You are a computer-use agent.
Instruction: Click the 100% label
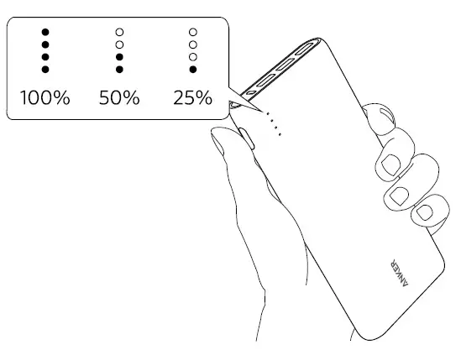(x=45, y=97)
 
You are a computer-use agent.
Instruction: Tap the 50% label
(x=119, y=97)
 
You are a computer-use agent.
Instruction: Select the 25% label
(x=192, y=97)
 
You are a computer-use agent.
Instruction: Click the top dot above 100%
(x=45, y=32)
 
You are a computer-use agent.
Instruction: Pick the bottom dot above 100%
(x=45, y=70)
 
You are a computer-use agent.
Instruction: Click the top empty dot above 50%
(x=119, y=32)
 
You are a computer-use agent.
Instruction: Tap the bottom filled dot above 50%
(x=119, y=70)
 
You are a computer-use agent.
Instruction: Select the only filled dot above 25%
(x=193, y=70)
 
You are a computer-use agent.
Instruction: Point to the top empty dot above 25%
(x=193, y=32)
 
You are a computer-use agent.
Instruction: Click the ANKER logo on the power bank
(x=399, y=273)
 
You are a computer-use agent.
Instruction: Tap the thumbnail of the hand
(x=217, y=144)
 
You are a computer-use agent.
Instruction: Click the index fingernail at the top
(x=386, y=115)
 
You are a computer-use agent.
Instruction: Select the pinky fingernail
(x=423, y=212)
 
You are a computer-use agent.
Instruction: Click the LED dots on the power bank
(x=274, y=123)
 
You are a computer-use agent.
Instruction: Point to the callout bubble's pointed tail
(x=262, y=111)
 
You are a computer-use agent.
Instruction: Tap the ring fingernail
(x=399, y=196)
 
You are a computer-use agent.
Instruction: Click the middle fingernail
(x=391, y=164)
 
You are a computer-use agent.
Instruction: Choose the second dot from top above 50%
(x=119, y=44)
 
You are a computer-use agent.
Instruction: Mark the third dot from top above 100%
(x=45, y=57)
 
